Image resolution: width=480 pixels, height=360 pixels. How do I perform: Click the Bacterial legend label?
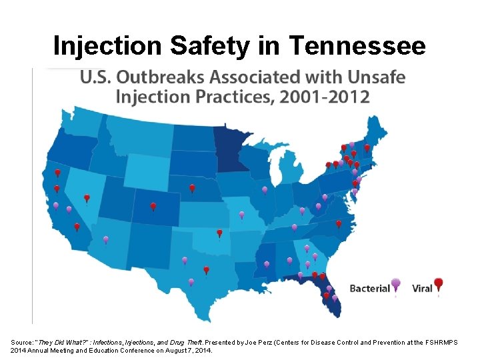tap(369, 289)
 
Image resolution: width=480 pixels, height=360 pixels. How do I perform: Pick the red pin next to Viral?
tap(438, 283)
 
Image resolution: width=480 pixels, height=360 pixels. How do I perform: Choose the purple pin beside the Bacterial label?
tap(396, 283)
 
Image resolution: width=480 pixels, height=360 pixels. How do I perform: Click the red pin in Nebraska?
tap(192, 188)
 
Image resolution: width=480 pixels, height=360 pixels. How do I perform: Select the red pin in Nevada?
tap(87, 198)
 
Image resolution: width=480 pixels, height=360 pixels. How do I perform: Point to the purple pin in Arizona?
tap(105, 239)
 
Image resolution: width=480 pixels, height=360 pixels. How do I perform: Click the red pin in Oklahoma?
tap(219, 233)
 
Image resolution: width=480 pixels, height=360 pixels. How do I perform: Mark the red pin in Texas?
tap(206, 269)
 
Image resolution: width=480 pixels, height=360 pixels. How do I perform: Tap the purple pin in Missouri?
tap(241, 215)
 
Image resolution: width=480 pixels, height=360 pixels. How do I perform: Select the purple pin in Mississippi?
tap(267, 264)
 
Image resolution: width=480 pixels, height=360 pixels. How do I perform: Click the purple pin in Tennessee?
tap(294, 227)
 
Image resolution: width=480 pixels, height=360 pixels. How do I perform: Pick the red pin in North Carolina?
tap(338, 223)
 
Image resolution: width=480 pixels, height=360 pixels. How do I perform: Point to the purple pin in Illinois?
tap(265, 190)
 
